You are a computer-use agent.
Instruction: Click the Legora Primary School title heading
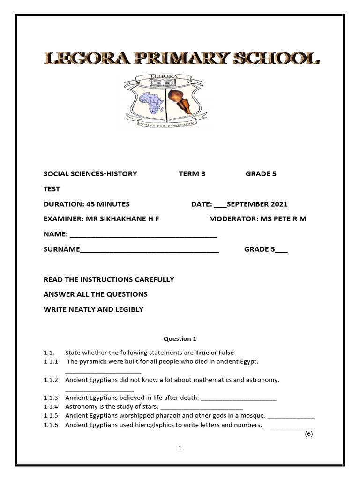click(x=182, y=59)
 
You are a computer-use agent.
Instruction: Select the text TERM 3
click(x=192, y=174)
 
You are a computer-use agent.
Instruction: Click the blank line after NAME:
click(x=143, y=235)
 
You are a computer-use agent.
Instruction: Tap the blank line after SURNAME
click(x=150, y=250)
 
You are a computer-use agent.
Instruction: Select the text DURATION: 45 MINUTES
click(x=87, y=204)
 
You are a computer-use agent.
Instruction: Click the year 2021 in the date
click(x=279, y=204)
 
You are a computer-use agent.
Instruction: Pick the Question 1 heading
click(x=177, y=338)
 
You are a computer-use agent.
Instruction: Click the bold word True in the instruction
click(x=202, y=352)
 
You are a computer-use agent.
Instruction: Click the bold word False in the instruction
click(x=226, y=352)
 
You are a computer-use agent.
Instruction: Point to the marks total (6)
click(x=308, y=434)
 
